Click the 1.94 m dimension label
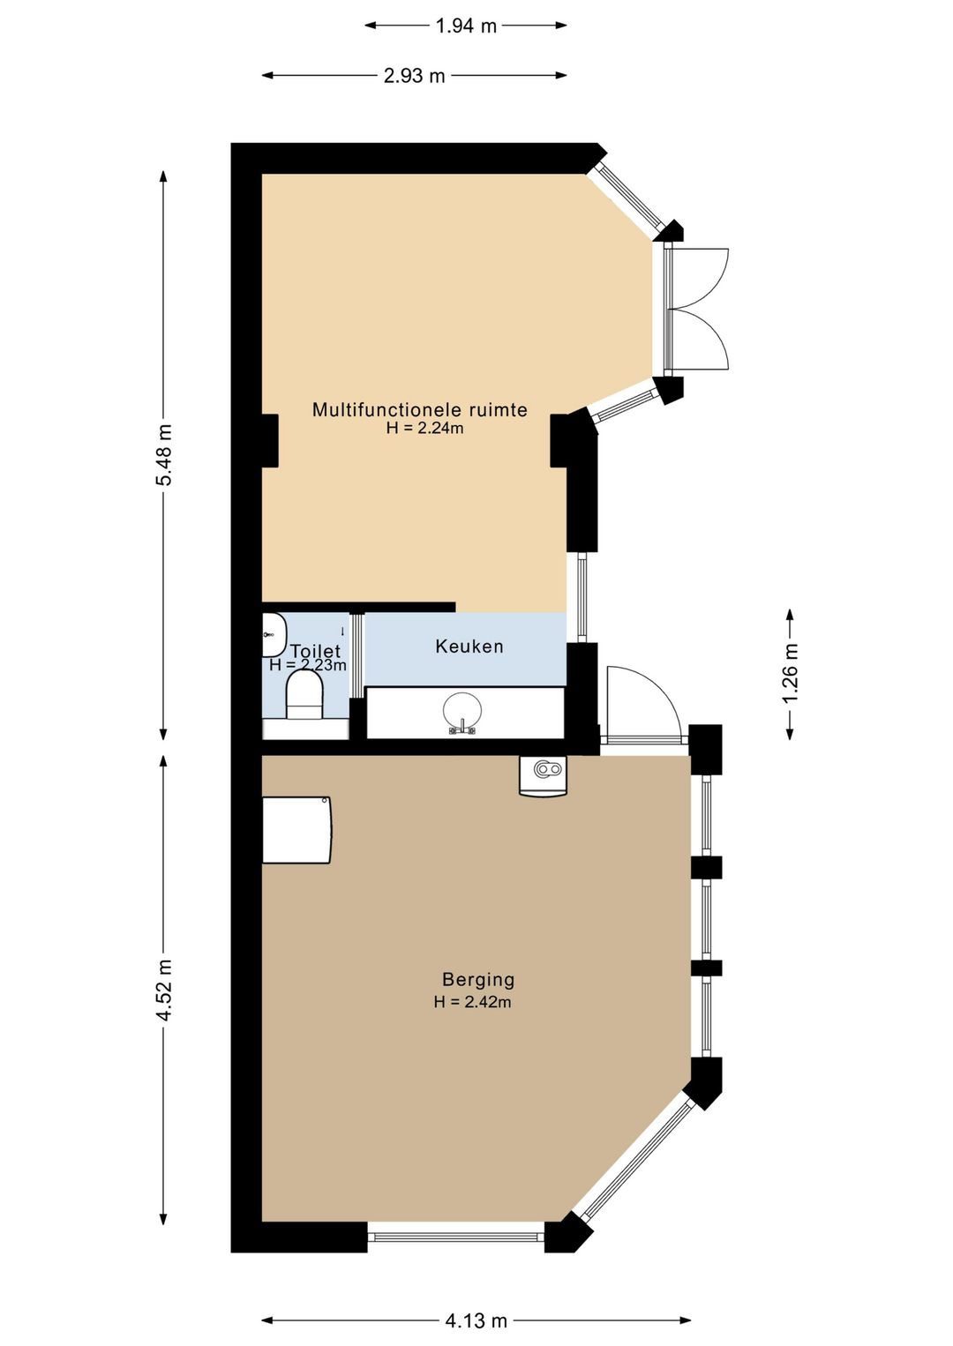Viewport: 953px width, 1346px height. tap(466, 26)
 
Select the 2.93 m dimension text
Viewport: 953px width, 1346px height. tap(414, 76)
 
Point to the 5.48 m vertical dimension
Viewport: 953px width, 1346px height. tap(163, 455)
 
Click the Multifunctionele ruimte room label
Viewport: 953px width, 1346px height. tap(420, 410)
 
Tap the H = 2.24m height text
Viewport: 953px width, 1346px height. tap(424, 429)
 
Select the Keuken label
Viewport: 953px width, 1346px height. tap(469, 647)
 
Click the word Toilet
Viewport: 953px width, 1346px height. tap(315, 651)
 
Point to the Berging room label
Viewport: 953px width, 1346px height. tap(478, 980)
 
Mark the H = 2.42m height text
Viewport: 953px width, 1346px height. tap(473, 1002)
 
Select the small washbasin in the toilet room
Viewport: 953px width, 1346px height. tap(274, 635)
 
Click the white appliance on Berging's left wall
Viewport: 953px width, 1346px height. tap(297, 830)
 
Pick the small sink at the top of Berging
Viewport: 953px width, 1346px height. tap(543, 775)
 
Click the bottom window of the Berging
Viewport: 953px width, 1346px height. tap(455, 1238)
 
